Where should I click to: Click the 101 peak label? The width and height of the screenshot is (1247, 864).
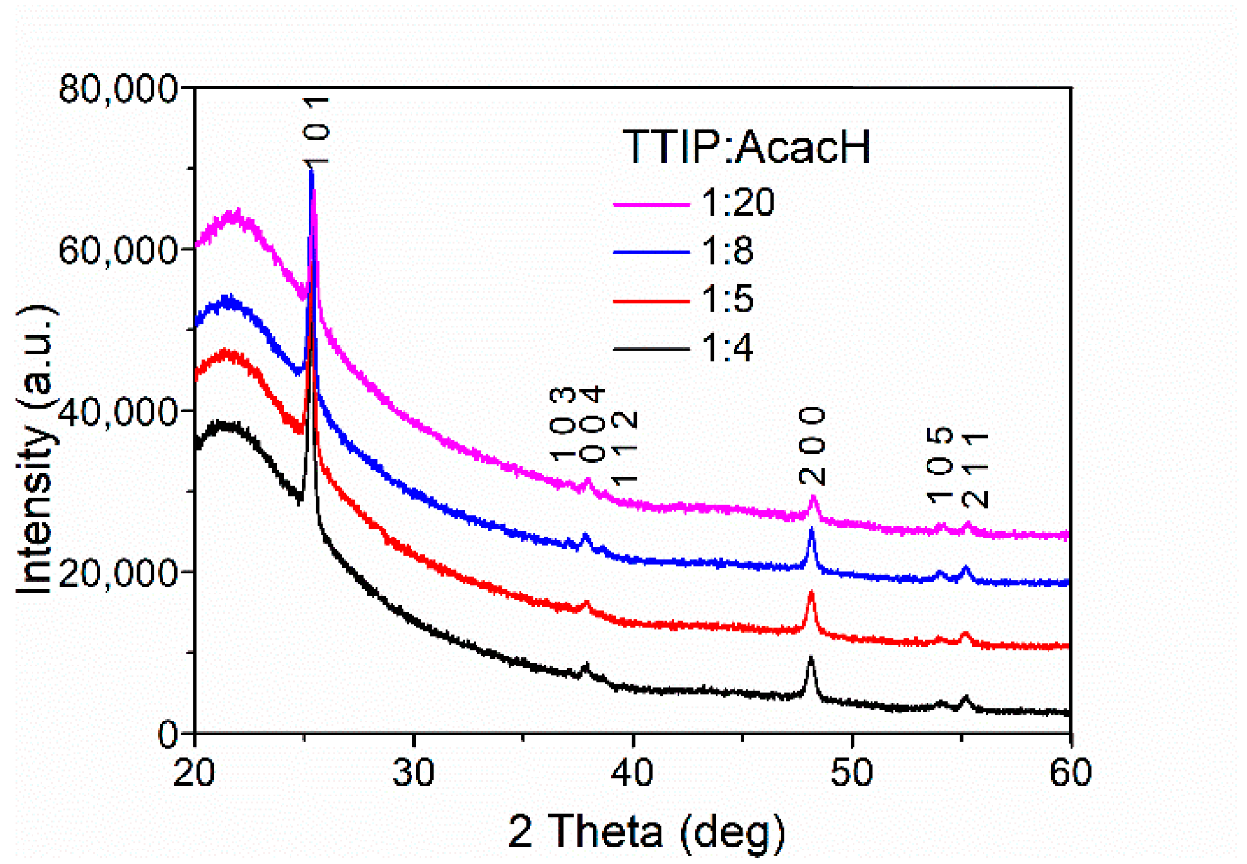click(317, 131)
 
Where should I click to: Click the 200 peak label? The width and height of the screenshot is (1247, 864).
click(812, 446)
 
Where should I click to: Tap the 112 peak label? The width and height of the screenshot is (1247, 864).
click(623, 448)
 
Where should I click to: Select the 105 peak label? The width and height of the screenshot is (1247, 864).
click(940, 464)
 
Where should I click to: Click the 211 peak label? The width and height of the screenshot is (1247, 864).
click(975, 470)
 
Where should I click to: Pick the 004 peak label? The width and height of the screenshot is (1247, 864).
click(593, 425)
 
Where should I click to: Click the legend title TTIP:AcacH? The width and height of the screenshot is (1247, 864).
click(746, 147)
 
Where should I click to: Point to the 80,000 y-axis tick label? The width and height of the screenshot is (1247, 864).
click(118, 88)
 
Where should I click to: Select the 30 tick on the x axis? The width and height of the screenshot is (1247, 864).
click(414, 771)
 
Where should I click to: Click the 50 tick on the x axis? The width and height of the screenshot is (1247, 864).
click(852, 771)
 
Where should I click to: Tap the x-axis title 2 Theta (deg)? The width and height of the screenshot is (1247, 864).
click(647, 831)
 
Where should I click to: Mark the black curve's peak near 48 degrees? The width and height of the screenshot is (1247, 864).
click(811, 659)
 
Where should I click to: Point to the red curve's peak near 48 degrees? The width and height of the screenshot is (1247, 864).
click(811, 593)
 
